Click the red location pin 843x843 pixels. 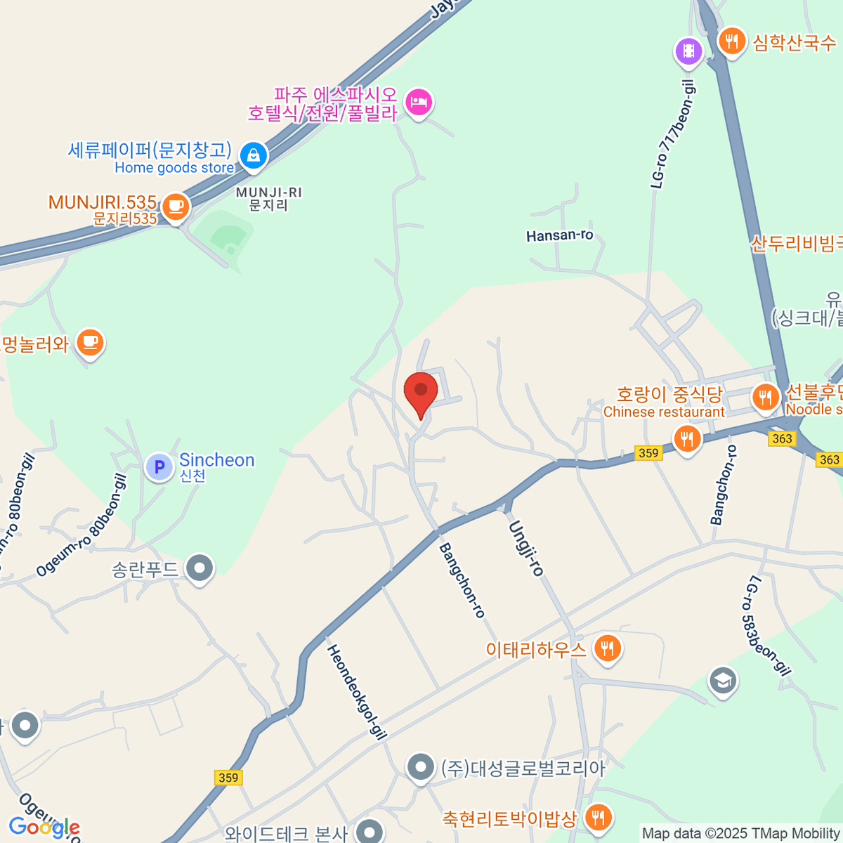(x=421, y=391)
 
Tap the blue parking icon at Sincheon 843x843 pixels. (x=159, y=466)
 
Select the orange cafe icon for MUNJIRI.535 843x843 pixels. (x=176, y=207)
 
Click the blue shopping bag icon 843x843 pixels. (x=253, y=155)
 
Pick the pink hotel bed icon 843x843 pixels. (x=419, y=103)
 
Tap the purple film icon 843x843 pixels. (x=689, y=51)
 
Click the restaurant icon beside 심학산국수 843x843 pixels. (x=732, y=41)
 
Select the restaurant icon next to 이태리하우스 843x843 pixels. (x=607, y=648)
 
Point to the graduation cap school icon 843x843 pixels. (x=723, y=680)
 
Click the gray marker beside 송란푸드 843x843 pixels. (x=200, y=568)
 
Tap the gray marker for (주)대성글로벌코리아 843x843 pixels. (x=421, y=766)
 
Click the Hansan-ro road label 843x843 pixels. (x=560, y=236)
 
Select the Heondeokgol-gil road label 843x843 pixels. (x=358, y=692)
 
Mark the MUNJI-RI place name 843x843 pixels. (x=269, y=199)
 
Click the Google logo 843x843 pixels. (x=44, y=828)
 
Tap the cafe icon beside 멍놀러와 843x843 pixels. (x=90, y=342)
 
